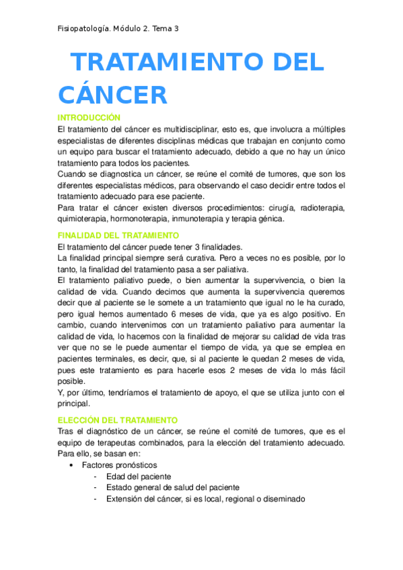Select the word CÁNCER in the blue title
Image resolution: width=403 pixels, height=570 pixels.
tap(112, 95)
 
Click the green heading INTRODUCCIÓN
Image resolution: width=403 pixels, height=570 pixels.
tap(89, 117)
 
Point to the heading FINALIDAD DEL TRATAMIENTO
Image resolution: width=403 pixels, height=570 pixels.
tap(118, 235)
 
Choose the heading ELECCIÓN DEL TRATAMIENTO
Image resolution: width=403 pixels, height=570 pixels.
tap(118, 419)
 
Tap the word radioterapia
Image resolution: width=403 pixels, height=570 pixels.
tap(320, 208)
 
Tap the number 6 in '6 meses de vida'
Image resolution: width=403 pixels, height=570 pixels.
tap(174, 313)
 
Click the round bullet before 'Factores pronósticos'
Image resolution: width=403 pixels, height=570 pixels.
tap(71, 465)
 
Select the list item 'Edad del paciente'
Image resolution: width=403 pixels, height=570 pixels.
tap(137, 476)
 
